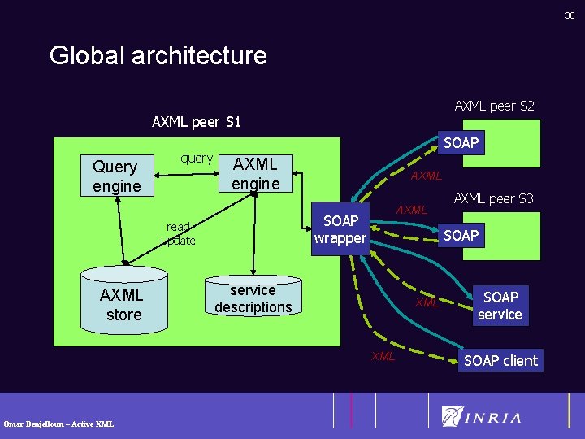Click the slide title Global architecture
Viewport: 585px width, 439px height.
click(158, 55)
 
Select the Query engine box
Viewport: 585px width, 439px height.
click(116, 176)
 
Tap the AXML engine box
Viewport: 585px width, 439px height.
click(256, 174)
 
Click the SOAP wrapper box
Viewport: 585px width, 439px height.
click(340, 229)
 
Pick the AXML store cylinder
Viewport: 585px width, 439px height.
click(123, 303)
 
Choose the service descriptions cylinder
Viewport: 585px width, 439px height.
click(253, 298)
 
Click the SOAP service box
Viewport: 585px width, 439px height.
click(500, 306)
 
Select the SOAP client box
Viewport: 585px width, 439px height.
click(500, 360)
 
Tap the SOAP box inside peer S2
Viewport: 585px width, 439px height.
click(461, 143)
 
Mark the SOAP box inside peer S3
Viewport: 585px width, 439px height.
click(461, 235)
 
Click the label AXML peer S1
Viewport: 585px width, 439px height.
click(197, 122)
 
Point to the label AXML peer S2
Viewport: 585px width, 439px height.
click(494, 106)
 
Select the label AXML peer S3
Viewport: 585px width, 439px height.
click(493, 198)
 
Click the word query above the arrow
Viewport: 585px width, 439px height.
click(197, 158)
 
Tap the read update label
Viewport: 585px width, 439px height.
click(178, 234)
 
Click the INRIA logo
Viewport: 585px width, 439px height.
click(481, 417)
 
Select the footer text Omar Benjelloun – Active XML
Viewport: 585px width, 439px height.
click(58, 424)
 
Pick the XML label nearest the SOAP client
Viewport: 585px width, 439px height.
click(383, 356)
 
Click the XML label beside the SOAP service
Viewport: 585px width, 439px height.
click(427, 303)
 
